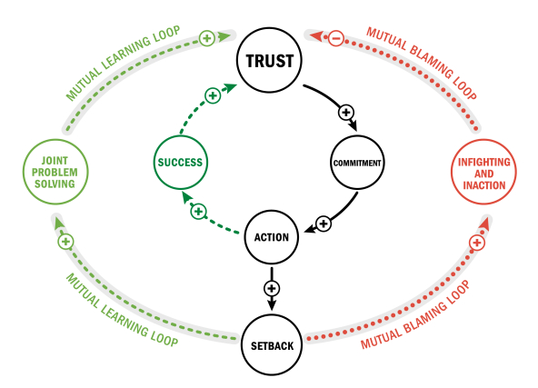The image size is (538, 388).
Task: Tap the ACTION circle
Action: pyautogui.click(x=270, y=237)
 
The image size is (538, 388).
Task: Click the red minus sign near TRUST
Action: pyautogui.click(x=334, y=38)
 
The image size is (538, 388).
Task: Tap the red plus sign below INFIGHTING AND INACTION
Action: pyautogui.click(x=476, y=242)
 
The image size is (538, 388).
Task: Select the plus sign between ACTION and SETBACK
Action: pyautogui.click(x=270, y=288)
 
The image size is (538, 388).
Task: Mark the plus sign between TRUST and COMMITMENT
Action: pyautogui.click(x=345, y=113)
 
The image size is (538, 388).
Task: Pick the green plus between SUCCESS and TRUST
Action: pyautogui.click(x=212, y=95)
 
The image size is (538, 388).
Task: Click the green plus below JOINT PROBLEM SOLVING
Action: pyautogui.click(x=65, y=242)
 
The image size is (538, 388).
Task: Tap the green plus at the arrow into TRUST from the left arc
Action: pyautogui.click(x=206, y=38)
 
